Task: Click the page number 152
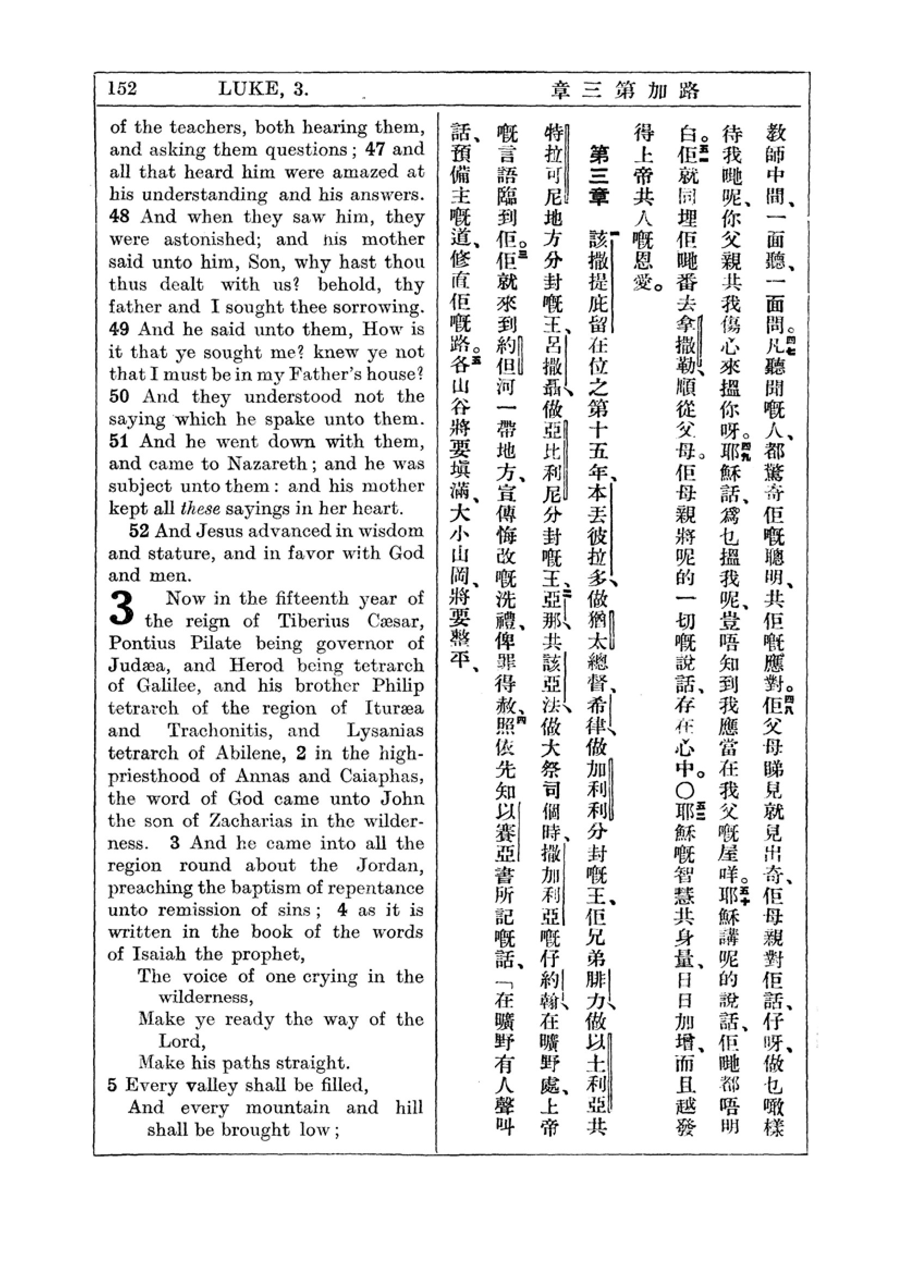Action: (x=122, y=89)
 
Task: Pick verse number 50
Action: (x=119, y=396)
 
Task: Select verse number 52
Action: (x=139, y=531)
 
